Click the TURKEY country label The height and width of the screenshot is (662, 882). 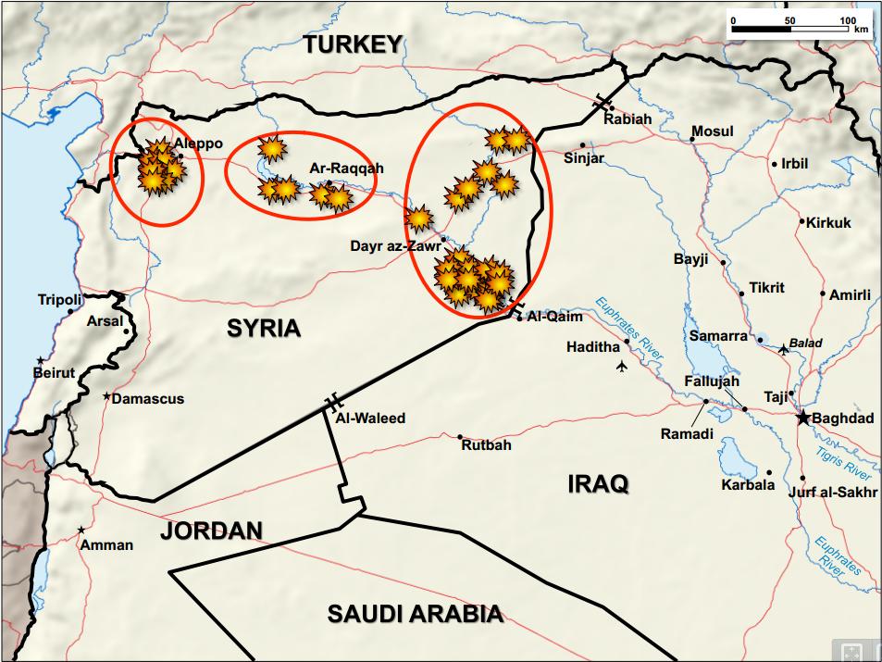click(354, 44)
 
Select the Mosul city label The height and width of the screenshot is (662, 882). click(713, 131)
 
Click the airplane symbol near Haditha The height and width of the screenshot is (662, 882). click(620, 368)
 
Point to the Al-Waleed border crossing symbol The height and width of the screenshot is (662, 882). click(332, 403)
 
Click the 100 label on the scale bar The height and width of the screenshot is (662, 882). click(847, 19)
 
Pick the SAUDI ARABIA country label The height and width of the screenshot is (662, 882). click(416, 613)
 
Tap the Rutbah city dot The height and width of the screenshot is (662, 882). click(460, 436)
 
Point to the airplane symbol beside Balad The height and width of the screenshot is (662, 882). click(783, 349)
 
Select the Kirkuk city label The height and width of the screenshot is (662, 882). click(828, 222)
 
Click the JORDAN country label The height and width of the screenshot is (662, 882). click(211, 531)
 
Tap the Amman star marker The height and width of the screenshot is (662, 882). click(82, 530)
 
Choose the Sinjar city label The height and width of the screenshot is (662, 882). click(584, 158)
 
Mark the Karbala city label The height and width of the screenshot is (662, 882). click(748, 484)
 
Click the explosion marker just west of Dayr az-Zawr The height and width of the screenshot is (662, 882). click(419, 219)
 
